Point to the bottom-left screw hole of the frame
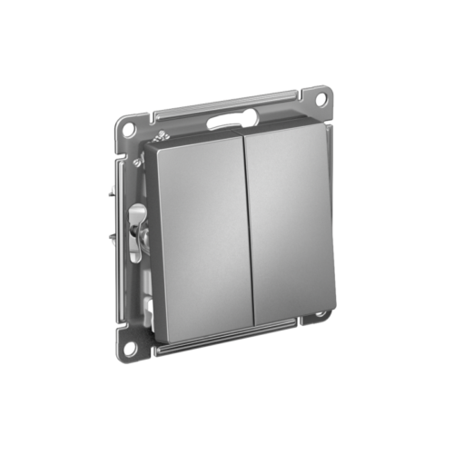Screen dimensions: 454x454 coord(131,346)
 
